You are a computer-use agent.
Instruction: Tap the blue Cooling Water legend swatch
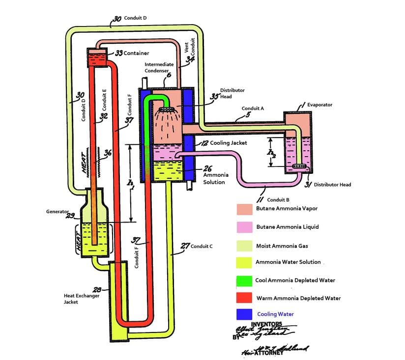tap(244, 314)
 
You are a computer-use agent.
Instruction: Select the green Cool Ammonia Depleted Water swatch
tap(244, 280)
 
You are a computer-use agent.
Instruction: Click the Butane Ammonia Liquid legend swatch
tap(244, 226)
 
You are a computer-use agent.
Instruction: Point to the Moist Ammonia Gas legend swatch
tap(244, 245)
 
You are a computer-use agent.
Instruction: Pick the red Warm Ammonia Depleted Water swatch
tap(244, 298)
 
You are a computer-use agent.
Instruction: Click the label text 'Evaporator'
tap(319, 105)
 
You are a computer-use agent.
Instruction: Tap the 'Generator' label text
tap(57, 212)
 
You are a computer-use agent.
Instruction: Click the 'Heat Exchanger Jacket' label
tap(81, 299)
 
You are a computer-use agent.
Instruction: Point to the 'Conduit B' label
tap(278, 200)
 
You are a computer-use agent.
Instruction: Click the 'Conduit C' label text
tap(201, 246)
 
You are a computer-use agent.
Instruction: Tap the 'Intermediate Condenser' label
tap(159, 67)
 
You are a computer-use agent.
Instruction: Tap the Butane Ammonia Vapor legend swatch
tap(244, 209)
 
